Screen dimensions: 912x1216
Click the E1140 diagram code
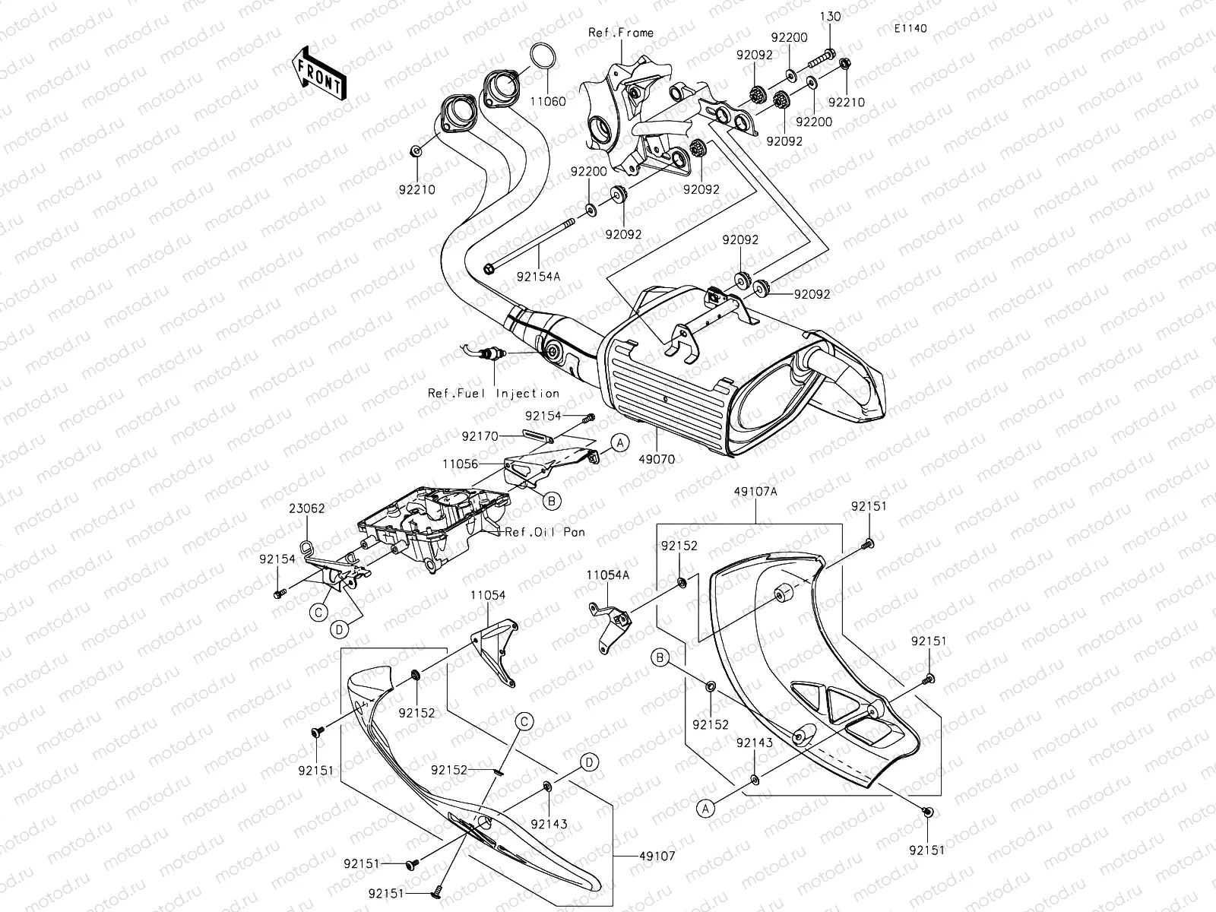(910, 29)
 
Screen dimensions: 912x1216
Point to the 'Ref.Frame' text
(620, 33)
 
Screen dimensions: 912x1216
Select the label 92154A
(540, 277)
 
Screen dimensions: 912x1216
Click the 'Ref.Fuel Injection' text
(493, 394)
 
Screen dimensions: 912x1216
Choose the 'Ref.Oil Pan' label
(545, 532)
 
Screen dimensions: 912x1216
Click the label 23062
(306, 508)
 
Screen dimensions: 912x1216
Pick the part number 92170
(480, 436)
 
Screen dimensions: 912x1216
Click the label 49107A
(755, 492)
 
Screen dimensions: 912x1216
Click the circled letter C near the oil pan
(320, 611)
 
